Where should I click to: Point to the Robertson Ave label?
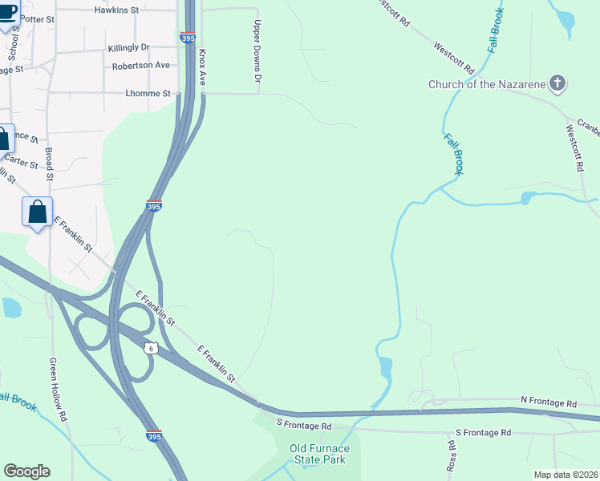(x=140, y=66)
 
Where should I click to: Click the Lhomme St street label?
(x=148, y=94)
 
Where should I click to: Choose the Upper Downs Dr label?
(x=257, y=51)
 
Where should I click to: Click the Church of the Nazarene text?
(x=487, y=84)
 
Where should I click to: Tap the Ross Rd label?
(x=452, y=455)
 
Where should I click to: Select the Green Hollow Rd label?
(x=56, y=390)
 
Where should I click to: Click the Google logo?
(x=26, y=471)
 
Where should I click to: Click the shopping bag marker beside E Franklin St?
(x=37, y=213)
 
